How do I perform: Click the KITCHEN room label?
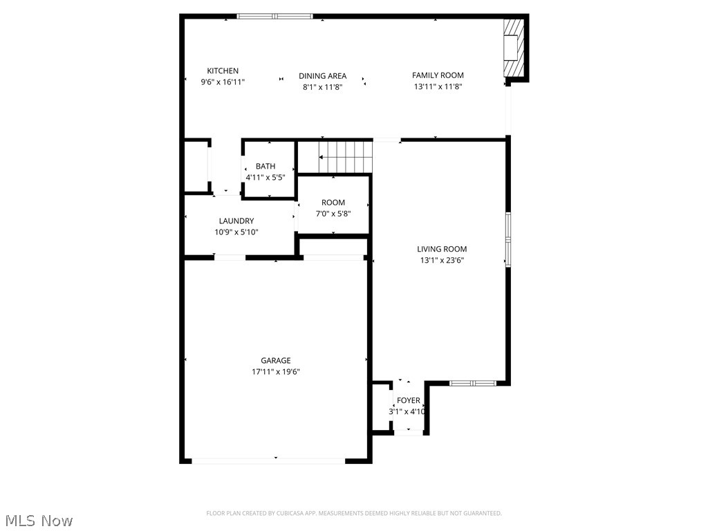coord(223,71)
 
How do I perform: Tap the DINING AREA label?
coord(322,76)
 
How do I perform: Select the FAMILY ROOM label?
coord(438,75)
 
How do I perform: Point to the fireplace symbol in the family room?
coord(513,47)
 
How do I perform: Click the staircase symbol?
coord(344,157)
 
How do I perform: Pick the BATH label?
coord(265,166)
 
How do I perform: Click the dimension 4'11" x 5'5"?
coord(265,177)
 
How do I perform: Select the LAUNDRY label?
coord(236,221)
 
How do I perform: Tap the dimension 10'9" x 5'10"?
coord(236,232)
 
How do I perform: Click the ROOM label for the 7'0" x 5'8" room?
coord(333,203)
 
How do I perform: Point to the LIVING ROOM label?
coord(442,249)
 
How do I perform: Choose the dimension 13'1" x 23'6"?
coord(442,261)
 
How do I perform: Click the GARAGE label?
coord(275,360)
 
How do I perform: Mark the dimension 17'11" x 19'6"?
coord(275,371)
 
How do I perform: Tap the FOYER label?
coord(408,400)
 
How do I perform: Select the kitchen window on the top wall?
coord(275,16)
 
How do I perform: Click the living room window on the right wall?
coord(508,240)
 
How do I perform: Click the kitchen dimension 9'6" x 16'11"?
coord(223,82)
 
